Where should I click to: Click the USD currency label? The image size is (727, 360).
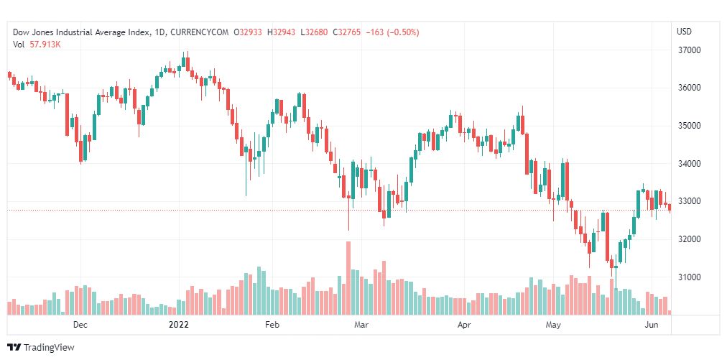point(684,32)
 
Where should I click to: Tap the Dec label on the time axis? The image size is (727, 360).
point(80,325)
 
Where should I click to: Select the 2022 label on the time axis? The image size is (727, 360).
point(178,325)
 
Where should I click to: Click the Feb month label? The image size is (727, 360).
point(272,325)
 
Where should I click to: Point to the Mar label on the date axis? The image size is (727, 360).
point(361,325)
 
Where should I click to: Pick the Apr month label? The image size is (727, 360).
point(464,325)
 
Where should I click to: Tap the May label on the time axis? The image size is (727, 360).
point(552,325)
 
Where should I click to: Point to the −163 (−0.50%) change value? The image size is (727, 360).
point(393,32)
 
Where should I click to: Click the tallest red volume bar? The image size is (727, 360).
point(348,277)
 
